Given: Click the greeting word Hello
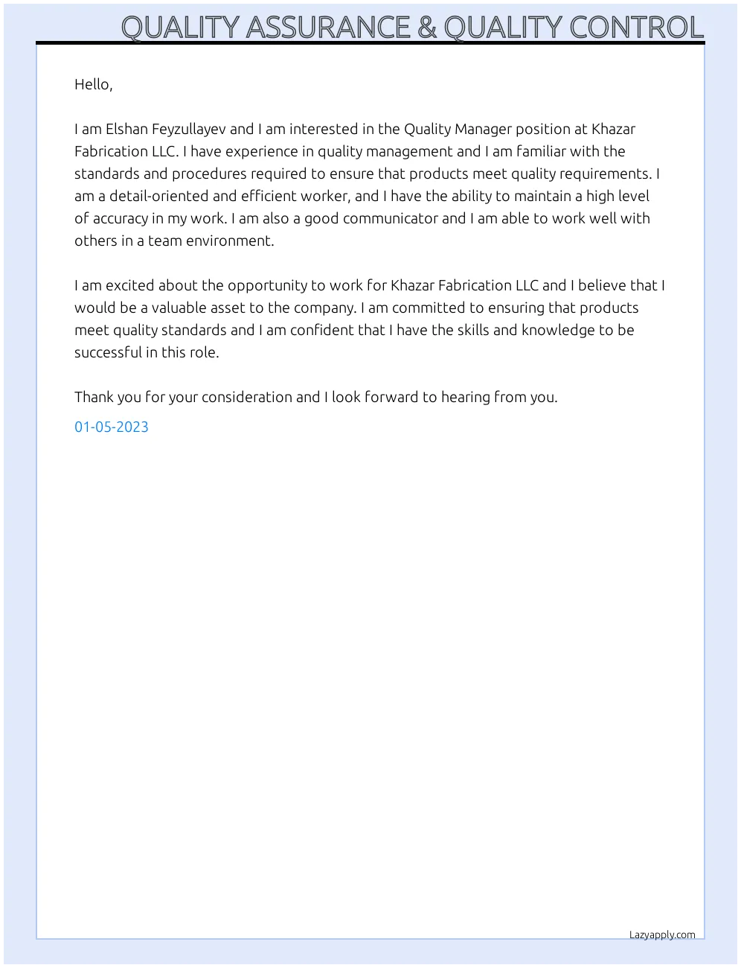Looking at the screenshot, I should (92, 85).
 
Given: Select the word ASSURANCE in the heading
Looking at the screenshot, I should (327, 28).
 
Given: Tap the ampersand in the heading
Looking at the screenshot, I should (427, 28).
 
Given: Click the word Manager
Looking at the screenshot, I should (483, 130).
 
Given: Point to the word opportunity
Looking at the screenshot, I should (266, 286).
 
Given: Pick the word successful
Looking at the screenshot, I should (108, 353).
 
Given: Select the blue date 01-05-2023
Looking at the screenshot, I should (112, 427).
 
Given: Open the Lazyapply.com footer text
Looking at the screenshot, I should (662, 935).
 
